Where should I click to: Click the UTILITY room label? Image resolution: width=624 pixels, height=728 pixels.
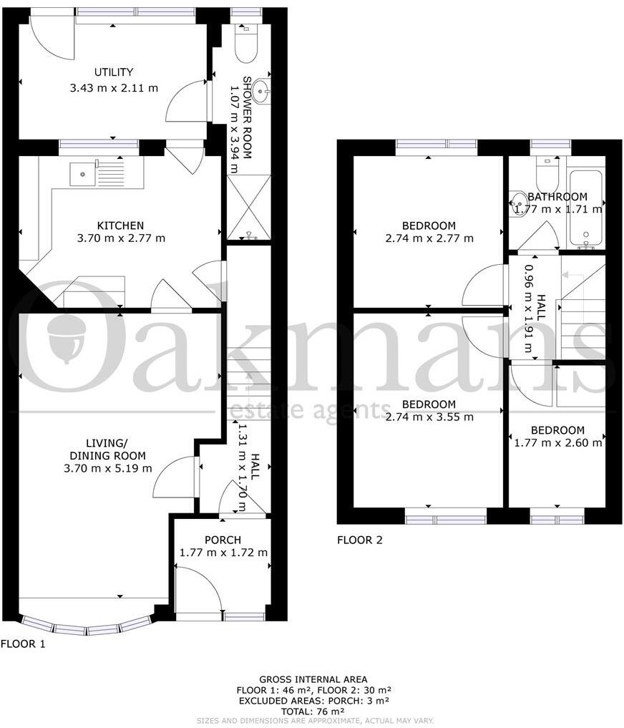(114, 72)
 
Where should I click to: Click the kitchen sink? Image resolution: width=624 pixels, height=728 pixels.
(83, 173)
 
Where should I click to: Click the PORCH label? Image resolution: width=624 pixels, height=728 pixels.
(223, 540)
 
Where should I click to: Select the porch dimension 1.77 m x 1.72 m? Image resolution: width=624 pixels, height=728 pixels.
(223, 553)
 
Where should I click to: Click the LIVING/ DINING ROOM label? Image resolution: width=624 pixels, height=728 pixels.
(107, 450)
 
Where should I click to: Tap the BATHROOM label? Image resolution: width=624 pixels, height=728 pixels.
(557, 197)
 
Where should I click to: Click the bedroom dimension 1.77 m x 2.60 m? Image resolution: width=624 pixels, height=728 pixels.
(557, 443)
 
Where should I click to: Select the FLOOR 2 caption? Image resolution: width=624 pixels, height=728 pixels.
(360, 540)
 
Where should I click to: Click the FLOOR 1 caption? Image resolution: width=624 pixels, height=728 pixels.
(23, 644)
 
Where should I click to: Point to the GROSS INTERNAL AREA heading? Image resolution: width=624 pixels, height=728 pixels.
(313, 679)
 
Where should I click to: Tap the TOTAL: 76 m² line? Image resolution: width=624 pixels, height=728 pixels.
(313, 711)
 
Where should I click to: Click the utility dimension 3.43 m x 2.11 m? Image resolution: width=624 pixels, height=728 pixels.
(114, 88)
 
